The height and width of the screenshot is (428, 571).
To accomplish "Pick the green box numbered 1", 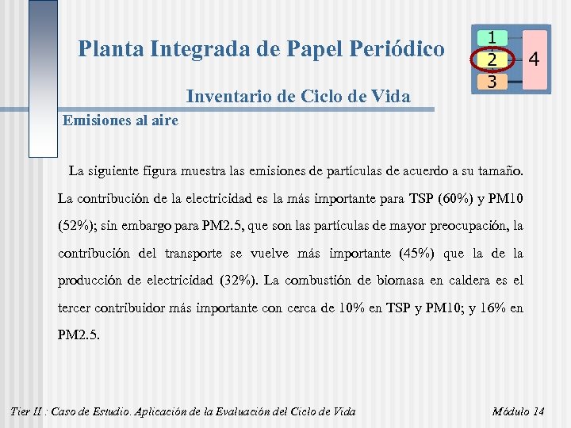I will [x=492, y=37].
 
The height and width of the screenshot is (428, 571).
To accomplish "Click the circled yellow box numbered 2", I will [x=492, y=59].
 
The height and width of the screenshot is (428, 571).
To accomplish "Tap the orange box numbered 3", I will [x=492, y=81].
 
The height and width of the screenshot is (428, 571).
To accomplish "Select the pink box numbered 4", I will [x=534, y=59].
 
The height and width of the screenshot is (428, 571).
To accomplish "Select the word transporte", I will [x=195, y=253].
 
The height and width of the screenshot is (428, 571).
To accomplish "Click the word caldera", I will [x=469, y=281].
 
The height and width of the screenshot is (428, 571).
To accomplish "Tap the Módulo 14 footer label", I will [x=518, y=411].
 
